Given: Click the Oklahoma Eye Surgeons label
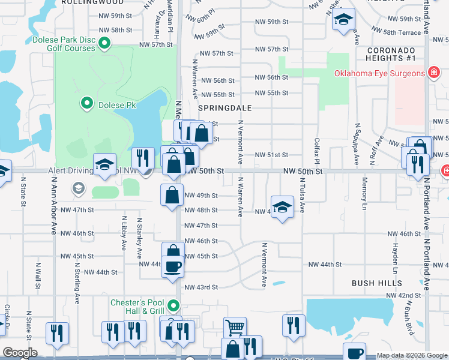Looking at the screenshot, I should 380,74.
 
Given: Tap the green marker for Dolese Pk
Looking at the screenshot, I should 87,103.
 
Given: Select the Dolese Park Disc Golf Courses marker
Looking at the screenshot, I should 104,43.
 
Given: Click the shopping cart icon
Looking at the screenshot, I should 235,328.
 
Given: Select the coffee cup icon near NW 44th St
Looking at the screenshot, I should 173,266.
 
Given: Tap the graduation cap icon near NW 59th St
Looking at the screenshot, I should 343,20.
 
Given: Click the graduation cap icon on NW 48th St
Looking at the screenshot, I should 282,207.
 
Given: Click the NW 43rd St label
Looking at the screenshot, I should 201,287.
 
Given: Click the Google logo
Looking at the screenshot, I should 20,353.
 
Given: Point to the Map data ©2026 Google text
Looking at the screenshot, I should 411,355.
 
